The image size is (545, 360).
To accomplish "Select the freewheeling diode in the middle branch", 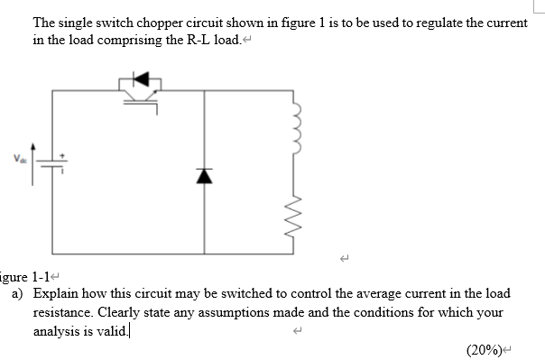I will [x=205, y=175].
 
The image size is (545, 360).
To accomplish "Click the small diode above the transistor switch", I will [x=141, y=78].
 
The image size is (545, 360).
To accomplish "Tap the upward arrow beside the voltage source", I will [x=34, y=162].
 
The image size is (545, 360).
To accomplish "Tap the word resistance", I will [x=63, y=312].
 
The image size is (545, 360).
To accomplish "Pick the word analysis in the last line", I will [x=57, y=330].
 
